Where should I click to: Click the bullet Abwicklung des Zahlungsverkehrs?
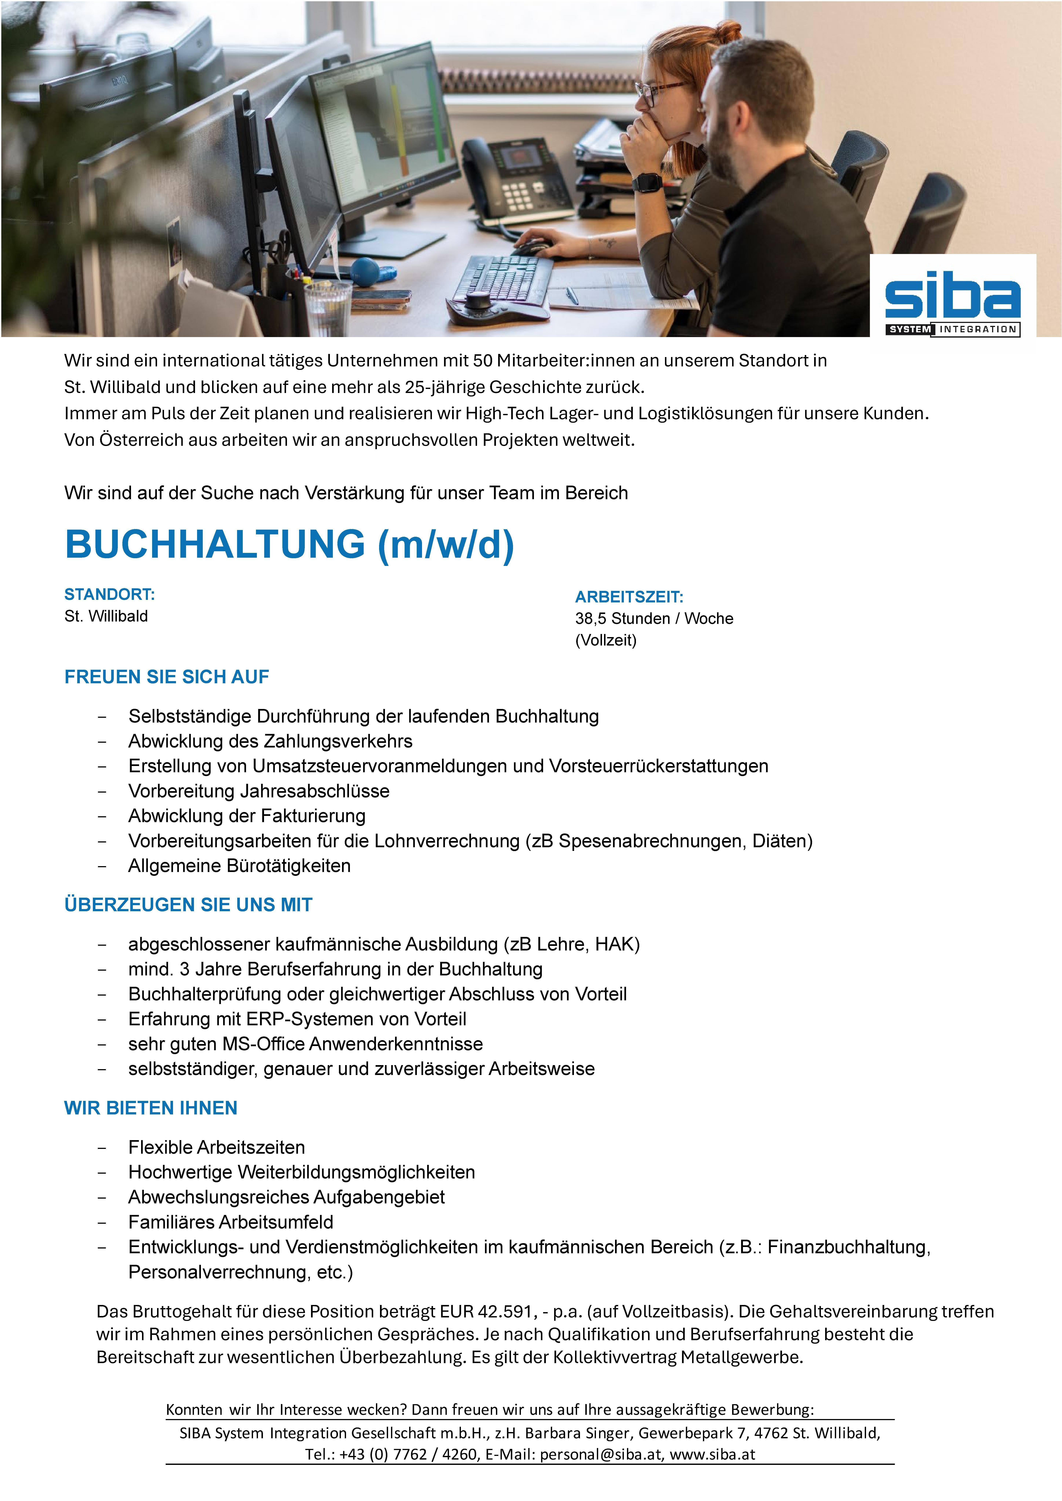[270, 741]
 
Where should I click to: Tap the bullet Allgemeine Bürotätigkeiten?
[239, 866]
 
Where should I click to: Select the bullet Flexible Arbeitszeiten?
[217, 1147]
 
